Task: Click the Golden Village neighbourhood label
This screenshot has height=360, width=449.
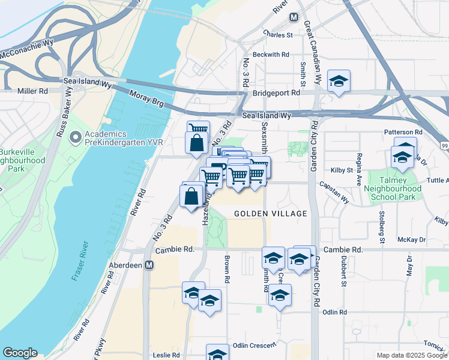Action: [270, 214]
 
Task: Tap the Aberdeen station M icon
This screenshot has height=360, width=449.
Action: [149, 265]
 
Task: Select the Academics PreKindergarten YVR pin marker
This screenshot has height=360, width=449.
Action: [75, 139]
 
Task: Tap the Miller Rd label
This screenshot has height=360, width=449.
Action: [32, 91]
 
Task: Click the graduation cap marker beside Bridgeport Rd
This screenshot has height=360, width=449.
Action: [339, 82]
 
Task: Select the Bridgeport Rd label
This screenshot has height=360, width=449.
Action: [276, 93]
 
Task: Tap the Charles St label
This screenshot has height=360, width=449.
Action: [277, 35]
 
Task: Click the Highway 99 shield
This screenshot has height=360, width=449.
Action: [444, 146]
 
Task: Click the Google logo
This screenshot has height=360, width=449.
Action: [20, 353]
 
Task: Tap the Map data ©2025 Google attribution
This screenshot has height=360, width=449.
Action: [411, 355]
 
